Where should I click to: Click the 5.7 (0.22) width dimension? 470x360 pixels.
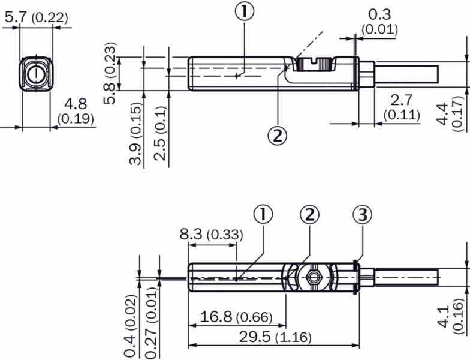pyautogui.click(x=37, y=18)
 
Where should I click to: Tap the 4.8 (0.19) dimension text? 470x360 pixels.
pyautogui.click(x=76, y=111)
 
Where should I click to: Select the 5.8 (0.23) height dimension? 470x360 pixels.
pyautogui.click(x=109, y=73)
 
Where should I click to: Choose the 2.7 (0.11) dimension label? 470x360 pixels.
pyautogui.click(x=402, y=107)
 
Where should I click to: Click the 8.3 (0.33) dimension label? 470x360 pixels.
pyautogui.click(x=211, y=234)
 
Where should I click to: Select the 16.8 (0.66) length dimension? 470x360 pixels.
pyautogui.click(x=236, y=317)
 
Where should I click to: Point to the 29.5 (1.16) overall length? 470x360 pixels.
pyautogui.click(x=275, y=337)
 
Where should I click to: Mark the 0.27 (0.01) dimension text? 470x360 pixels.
pyautogui.click(x=151, y=323)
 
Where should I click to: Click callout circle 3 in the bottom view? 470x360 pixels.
pyautogui.click(x=362, y=214)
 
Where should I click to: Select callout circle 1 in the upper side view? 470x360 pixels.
pyautogui.click(x=245, y=11)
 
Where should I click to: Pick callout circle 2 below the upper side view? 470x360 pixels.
pyautogui.click(x=277, y=136)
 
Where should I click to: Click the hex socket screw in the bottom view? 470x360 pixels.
pyautogui.click(x=313, y=277)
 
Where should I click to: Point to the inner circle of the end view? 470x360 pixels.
pyautogui.click(x=36, y=73)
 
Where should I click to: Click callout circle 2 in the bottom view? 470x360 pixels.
pyautogui.click(x=309, y=214)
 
